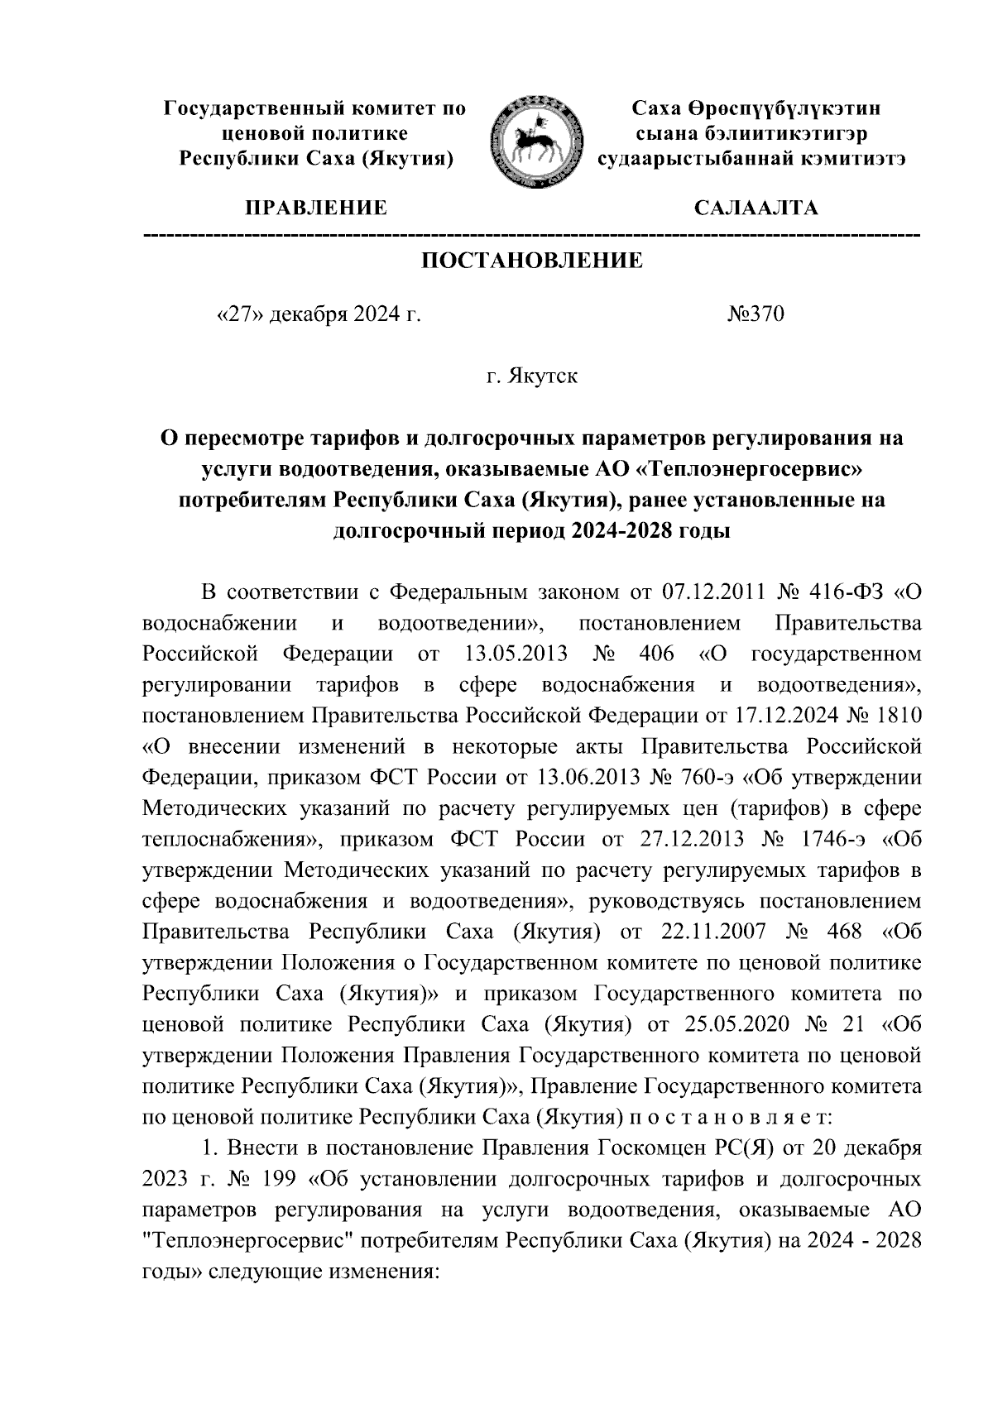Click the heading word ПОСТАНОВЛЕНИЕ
[531, 261]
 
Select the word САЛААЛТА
[756, 208]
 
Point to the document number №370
[755, 315]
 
